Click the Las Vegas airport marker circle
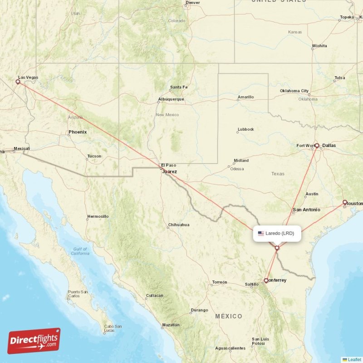point(18,82)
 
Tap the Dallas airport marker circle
point(317,146)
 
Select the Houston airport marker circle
point(345,202)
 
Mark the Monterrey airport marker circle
point(266,280)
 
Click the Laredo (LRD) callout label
point(277,234)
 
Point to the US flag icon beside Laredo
point(261,234)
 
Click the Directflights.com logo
point(34,341)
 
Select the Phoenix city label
point(77,132)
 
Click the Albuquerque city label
point(171,99)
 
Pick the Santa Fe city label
point(178,87)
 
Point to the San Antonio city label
point(306,210)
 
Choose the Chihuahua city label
point(178,225)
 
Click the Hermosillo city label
point(98,216)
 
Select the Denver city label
point(192,3)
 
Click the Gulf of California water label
point(80,251)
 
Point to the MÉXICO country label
point(229,316)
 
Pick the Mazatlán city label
point(171,325)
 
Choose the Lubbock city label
point(245,129)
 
